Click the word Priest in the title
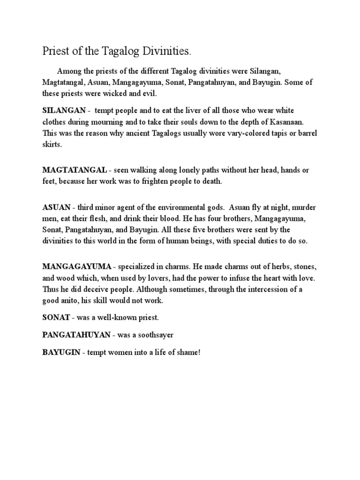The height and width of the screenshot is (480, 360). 55,50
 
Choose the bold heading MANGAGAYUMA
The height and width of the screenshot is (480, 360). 76,267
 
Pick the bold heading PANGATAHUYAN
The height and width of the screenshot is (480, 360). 76,335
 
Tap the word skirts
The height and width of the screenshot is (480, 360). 52,144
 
